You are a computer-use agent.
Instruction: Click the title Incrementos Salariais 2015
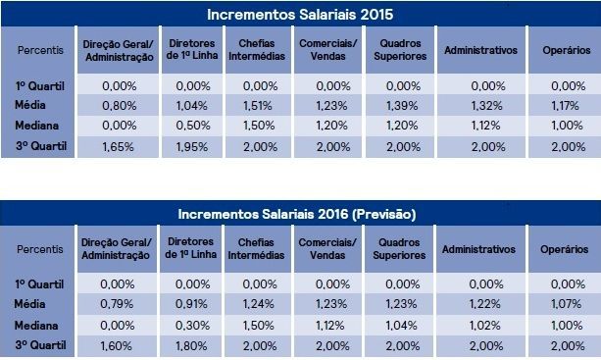[300, 15]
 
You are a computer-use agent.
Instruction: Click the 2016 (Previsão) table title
[297, 214]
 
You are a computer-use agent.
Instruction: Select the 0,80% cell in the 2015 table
[120, 106]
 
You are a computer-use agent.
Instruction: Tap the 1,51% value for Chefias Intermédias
[258, 106]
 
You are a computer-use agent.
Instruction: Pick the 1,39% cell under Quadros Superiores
[402, 106]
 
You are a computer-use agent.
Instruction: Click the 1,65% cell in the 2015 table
[118, 147]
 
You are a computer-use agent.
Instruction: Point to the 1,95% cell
[191, 147]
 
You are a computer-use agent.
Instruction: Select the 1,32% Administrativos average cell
[486, 106]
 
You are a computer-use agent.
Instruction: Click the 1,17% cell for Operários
[565, 106]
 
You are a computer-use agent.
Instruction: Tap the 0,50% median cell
[193, 126]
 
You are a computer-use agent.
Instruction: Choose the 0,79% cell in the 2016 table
[117, 304]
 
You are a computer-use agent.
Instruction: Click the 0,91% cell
[191, 304]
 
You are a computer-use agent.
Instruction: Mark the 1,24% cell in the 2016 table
[258, 304]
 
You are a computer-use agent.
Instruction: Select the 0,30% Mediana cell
[192, 326]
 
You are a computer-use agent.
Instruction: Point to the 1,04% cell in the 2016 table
[401, 326]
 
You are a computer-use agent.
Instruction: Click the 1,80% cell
[191, 346]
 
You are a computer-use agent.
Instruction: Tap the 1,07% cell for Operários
[566, 304]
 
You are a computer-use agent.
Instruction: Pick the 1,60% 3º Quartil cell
[116, 346]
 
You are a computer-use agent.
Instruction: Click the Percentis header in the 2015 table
[40, 50]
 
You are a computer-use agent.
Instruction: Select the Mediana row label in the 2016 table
[36, 326]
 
